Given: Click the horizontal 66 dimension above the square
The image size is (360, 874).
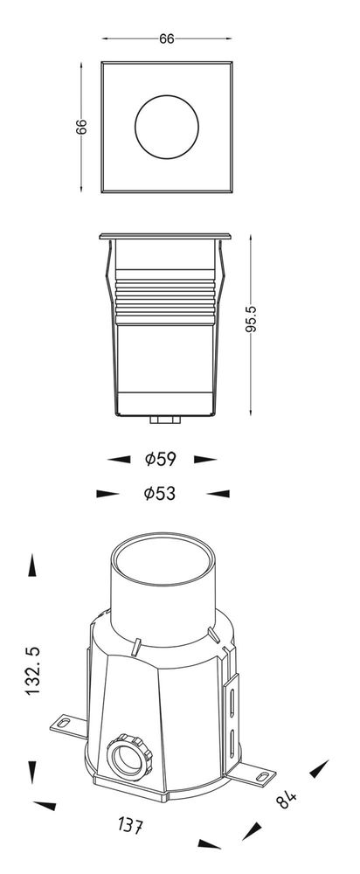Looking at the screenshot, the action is (x=167, y=38).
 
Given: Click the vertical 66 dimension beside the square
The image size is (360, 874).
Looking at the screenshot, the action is (x=81, y=127).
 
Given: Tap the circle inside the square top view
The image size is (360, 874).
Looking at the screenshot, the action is (x=167, y=127).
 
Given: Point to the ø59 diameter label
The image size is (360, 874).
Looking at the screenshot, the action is (x=161, y=460).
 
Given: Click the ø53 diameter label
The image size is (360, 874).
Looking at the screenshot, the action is (x=159, y=493).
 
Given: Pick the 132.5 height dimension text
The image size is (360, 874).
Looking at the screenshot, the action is (x=33, y=670).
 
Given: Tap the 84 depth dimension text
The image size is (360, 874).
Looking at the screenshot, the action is (x=286, y=799).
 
